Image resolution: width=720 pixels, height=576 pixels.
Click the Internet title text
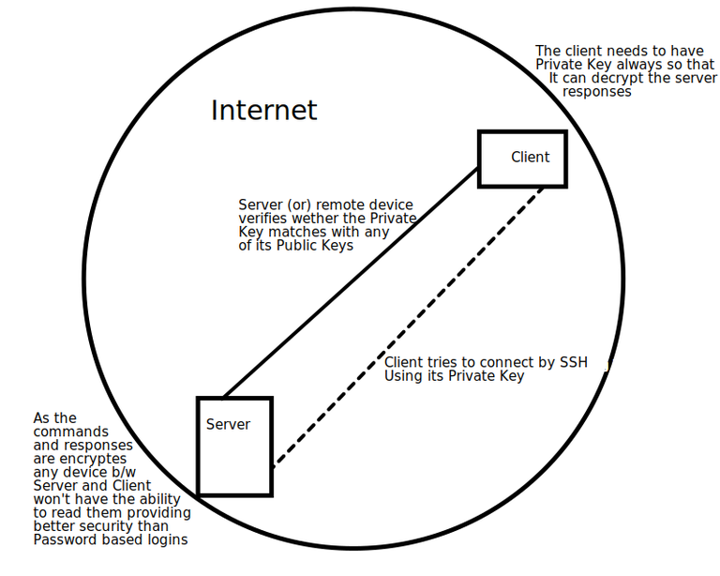point(264,111)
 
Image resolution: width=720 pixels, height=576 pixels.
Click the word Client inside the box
point(530,157)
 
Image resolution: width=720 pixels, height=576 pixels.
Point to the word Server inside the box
point(228,424)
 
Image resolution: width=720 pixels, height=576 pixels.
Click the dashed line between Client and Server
point(408,327)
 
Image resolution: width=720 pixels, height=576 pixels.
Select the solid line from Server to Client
point(351,282)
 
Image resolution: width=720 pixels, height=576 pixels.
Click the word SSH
point(574,362)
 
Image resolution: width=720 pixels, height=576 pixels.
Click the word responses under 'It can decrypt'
point(597,91)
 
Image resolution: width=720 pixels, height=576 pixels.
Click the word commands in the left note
point(70,432)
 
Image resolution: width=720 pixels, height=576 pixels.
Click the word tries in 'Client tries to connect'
point(442,362)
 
